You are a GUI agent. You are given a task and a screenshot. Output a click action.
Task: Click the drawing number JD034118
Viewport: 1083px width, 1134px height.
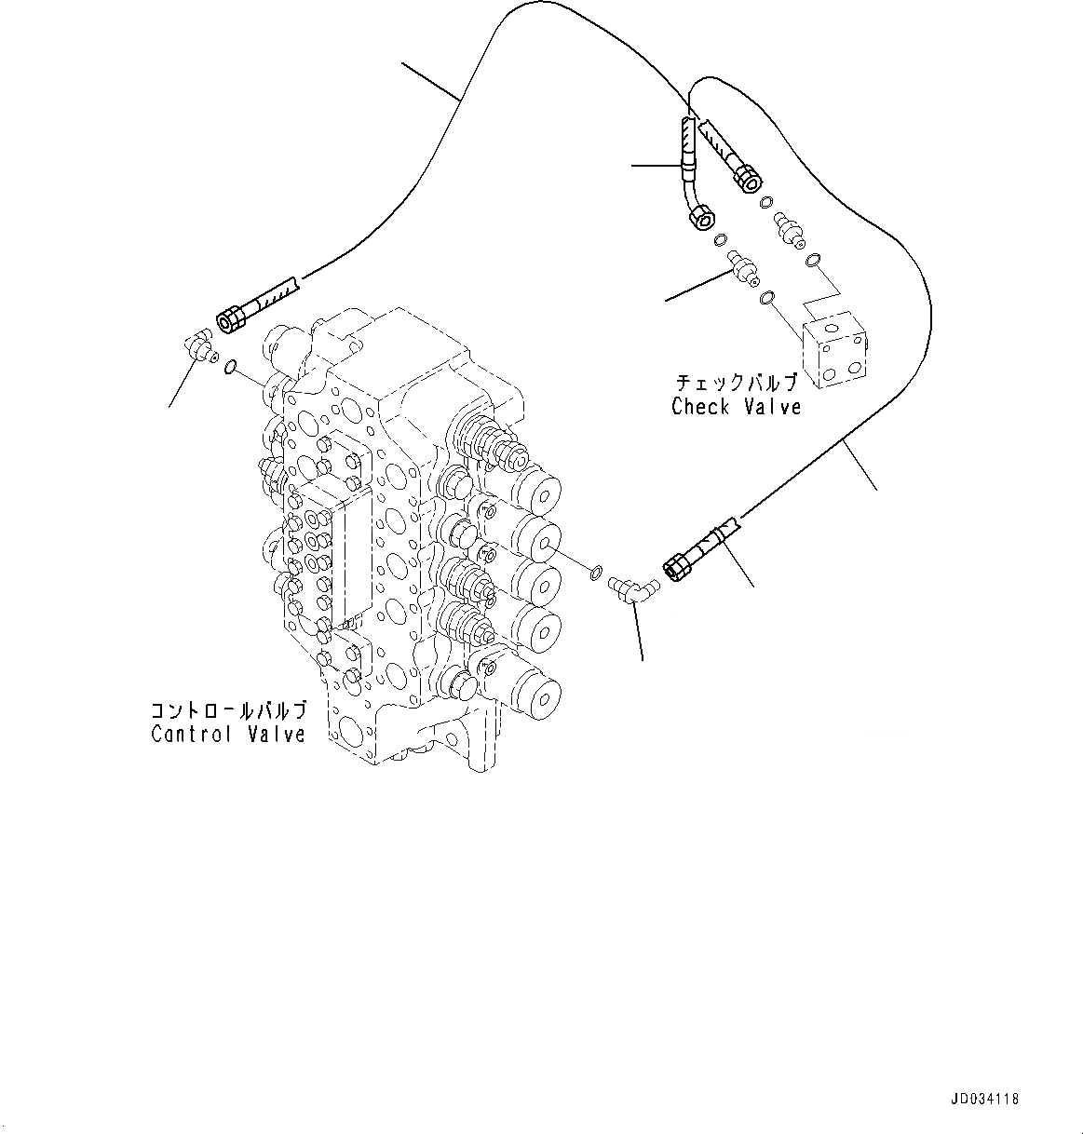coord(985,1100)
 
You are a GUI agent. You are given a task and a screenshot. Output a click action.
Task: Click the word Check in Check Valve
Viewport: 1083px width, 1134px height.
coord(700,407)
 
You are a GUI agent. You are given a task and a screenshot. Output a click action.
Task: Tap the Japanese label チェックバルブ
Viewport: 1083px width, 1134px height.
coord(736,383)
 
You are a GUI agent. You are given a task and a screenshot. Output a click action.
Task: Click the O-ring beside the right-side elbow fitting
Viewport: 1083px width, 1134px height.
coord(595,569)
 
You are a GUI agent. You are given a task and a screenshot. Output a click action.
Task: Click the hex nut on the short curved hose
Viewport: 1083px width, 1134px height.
coord(700,217)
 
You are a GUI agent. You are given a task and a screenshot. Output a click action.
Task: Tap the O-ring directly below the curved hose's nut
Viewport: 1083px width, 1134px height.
coord(720,240)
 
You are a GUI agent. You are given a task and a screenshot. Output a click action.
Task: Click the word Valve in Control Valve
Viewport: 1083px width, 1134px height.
coord(277,734)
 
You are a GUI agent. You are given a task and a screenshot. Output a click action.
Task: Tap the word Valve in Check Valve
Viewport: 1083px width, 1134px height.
coord(772,407)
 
